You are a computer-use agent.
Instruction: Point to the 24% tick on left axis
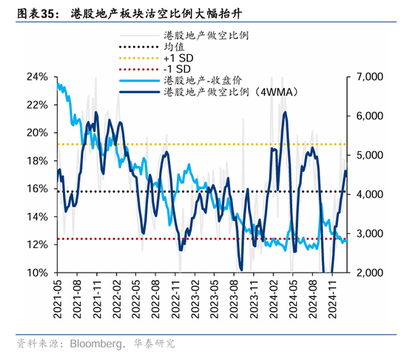tap(38, 77)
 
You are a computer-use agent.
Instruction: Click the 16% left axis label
tap(38, 189)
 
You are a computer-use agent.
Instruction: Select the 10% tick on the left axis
tap(38, 273)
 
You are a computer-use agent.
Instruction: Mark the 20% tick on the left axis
tap(38, 133)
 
